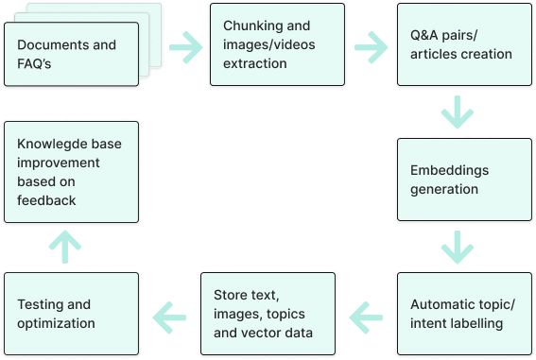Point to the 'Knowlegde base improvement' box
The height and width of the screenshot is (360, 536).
coord(72,171)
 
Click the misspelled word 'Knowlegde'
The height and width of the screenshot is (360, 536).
coord(54,142)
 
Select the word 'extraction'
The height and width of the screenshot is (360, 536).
coord(254,62)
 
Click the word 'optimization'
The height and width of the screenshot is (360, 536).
coord(56,323)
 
